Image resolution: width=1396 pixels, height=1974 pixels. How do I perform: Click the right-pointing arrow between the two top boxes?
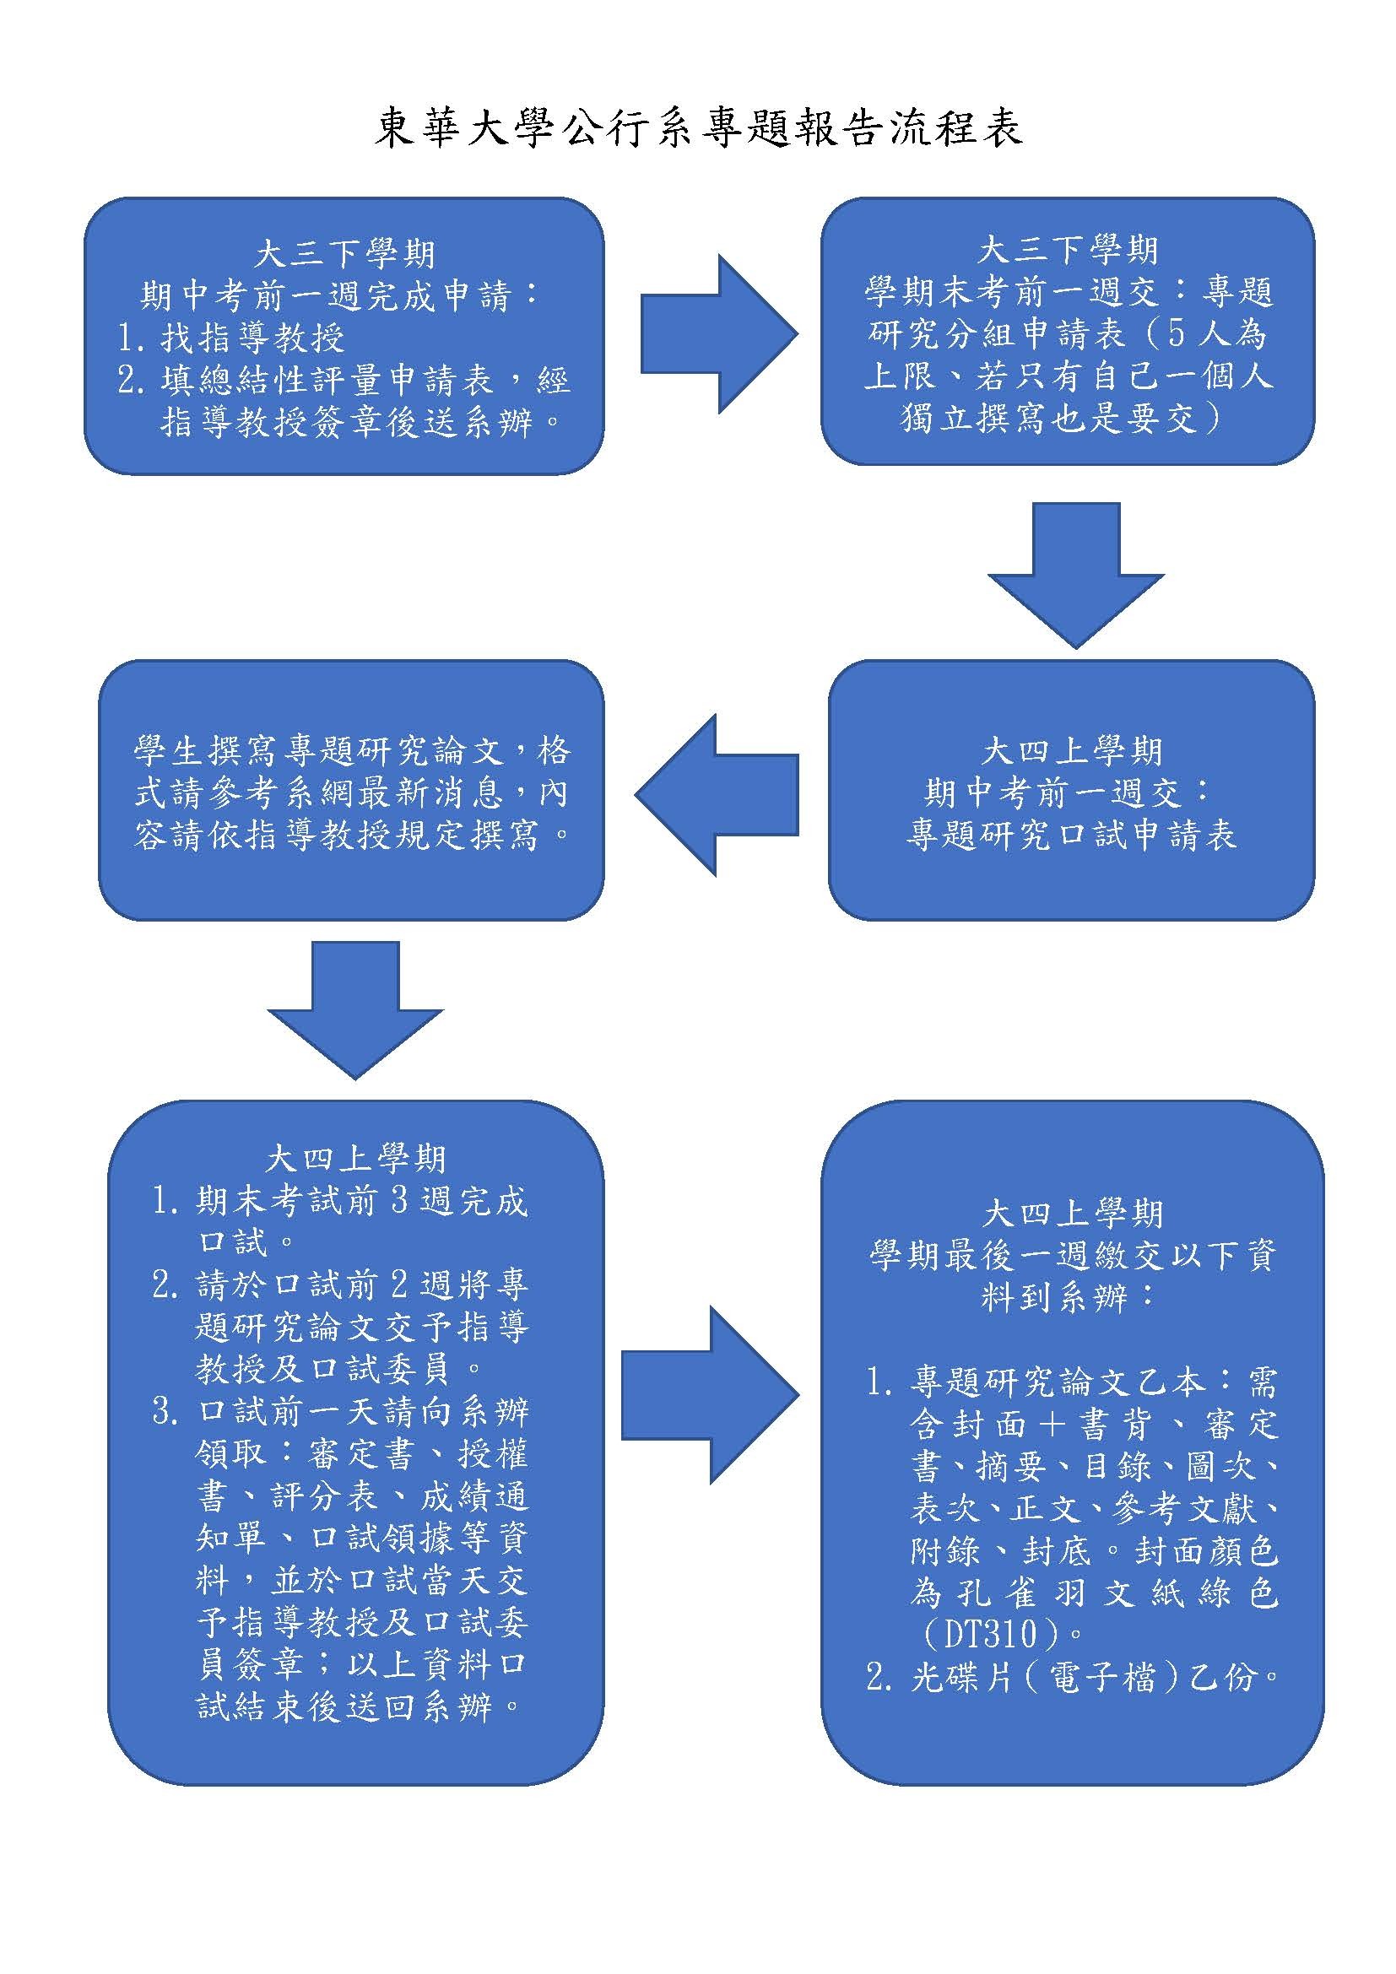(718, 334)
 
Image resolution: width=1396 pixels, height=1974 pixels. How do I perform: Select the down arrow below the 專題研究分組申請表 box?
(1075, 576)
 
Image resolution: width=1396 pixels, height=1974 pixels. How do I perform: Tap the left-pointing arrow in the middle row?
(717, 795)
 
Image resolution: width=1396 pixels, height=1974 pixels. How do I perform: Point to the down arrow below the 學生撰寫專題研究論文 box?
(355, 1010)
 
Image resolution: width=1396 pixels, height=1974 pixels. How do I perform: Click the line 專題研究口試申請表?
(1072, 836)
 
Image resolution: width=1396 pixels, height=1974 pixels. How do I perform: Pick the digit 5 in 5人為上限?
(1176, 333)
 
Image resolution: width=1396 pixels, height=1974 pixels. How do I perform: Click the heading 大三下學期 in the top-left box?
(344, 255)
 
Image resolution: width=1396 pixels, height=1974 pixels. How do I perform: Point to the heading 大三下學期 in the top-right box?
(1069, 250)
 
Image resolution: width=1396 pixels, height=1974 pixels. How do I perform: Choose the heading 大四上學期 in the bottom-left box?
(356, 1159)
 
